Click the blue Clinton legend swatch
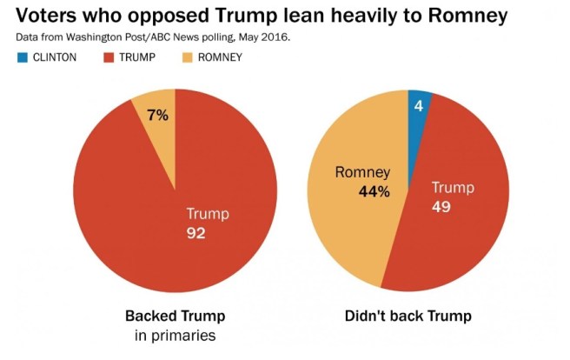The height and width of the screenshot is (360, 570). click(x=23, y=57)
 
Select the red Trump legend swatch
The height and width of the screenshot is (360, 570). click(x=108, y=57)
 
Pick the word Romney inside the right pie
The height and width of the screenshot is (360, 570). click(x=363, y=172)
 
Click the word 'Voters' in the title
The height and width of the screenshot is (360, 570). click(x=44, y=17)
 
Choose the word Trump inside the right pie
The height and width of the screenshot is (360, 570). click(x=453, y=188)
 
